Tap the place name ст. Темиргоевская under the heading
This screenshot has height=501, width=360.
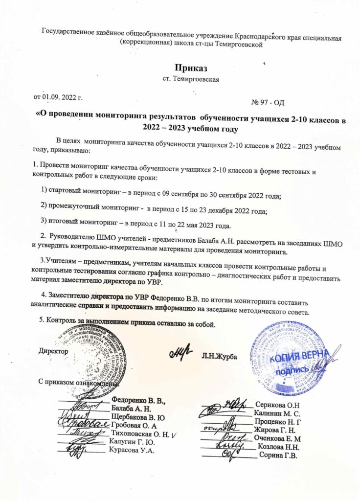pyautogui.click(x=189, y=79)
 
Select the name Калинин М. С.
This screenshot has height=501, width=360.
pyautogui.click(x=277, y=413)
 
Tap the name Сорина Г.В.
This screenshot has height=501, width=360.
pyautogui.click(x=278, y=455)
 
